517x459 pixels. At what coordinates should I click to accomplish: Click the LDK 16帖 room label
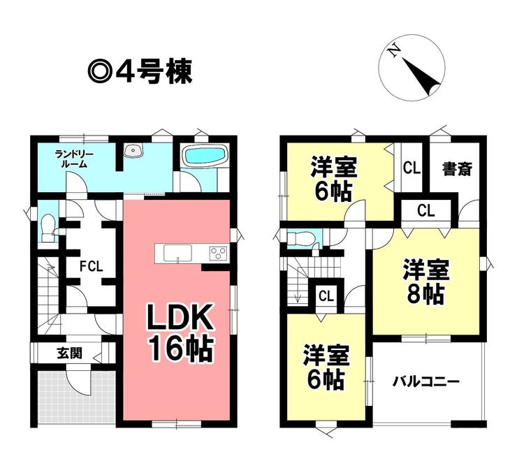coord(180,333)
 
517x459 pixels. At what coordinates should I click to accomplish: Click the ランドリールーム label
coord(74,159)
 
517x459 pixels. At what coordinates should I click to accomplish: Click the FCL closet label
coord(92,266)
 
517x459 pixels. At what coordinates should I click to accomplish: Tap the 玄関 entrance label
coord(69,354)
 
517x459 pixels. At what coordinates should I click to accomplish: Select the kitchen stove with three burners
coord(218,254)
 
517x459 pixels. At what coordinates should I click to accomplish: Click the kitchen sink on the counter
coord(178,253)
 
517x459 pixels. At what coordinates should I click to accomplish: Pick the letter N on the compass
coord(393,52)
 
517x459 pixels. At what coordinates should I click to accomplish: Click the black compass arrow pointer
coord(421,76)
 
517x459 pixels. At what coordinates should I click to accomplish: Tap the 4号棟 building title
coord(140,72)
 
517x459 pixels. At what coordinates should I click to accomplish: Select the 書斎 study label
coord(457,168)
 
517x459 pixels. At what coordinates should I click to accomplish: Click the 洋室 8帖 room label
coord(425,281)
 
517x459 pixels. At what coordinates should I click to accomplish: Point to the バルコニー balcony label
coord(425,382)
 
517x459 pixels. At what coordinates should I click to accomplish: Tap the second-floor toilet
coord(300,238)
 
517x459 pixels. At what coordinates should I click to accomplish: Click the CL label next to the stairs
coord(326,296)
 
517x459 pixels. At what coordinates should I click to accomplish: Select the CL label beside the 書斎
coord(412,168)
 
